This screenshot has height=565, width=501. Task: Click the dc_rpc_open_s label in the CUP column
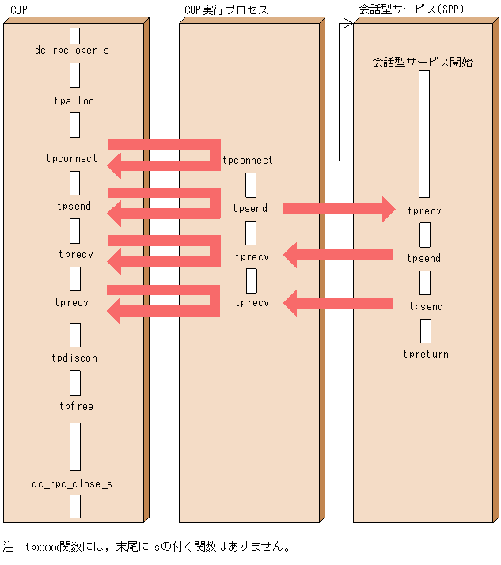point(72,51)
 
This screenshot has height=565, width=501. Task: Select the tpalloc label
point(74,101)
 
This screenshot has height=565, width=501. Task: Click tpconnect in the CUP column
point(72,158)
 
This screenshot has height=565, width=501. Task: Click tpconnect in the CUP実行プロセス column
point(247,160)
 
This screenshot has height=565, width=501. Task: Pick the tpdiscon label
point(74,358)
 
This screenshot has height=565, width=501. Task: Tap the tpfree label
point(75,406)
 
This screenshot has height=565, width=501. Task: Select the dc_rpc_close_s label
point(72,483)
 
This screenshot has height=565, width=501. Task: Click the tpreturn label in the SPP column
point(426,354)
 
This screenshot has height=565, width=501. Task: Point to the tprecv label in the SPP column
point(425,210)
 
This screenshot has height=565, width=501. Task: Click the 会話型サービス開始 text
point(423,62)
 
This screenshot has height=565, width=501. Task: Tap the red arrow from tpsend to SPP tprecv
point(339,208)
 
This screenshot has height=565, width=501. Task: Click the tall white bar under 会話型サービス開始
point(424,135)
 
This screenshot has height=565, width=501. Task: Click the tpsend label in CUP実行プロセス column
point(250,208)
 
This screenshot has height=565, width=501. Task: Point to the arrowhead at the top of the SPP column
point(349,24)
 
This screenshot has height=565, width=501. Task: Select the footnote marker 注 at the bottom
point(9,547)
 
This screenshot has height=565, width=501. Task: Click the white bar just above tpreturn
point(426,331)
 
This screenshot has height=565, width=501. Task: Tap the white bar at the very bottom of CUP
point(75,506)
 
